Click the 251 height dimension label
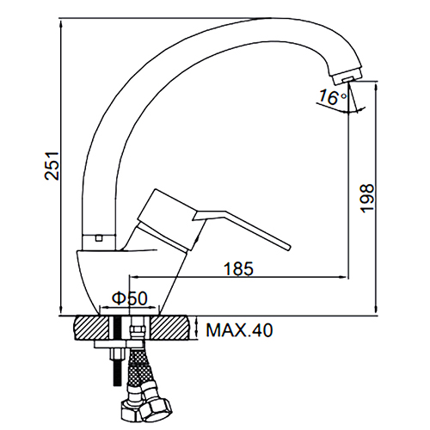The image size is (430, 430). (x=52, y=166)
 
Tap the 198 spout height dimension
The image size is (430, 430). (x=367, y=198)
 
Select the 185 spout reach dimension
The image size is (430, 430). (x=238, y=269)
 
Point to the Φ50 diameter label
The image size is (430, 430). (x=130, y=298)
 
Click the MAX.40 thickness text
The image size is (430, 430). (x=239, y=330)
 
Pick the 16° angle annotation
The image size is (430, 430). (x=333, y=97)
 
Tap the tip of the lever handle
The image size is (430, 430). (x=288, y=248)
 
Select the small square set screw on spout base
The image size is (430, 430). (x=99, y=237)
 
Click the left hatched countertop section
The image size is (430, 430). (x=92, y=328)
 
